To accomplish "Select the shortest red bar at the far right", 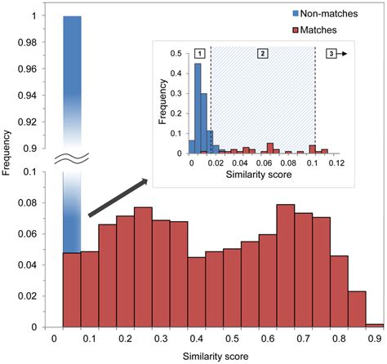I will (x=375, y=325).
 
